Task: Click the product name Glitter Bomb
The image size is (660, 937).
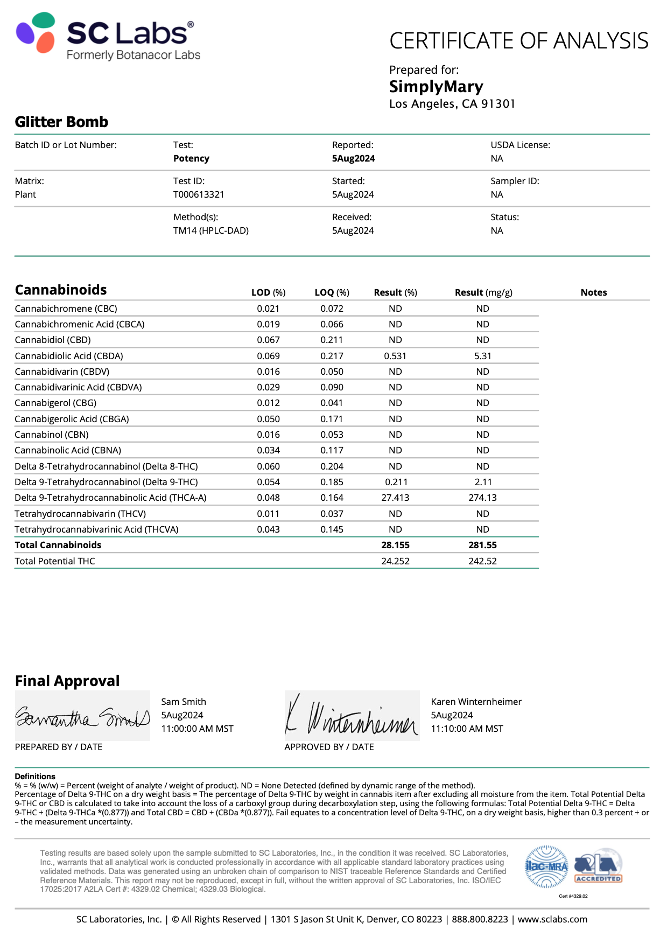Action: tap(61, 122)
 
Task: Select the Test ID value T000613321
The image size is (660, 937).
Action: tap(199, 194)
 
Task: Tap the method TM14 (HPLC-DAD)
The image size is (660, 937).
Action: tap(210, 230)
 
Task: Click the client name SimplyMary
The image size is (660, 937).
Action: tap(436, 86)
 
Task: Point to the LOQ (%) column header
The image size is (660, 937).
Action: tap(332, 292)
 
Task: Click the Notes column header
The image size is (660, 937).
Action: tap(593, 292)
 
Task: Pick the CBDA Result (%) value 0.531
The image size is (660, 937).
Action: tap(395, 356)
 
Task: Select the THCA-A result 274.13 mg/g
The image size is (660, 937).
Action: tap(482, 498)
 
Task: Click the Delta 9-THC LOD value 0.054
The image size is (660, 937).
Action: tap(268, 482)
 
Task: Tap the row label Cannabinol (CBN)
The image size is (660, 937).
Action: tap(52, 435)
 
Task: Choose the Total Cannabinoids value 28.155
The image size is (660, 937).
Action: tap(395, 545)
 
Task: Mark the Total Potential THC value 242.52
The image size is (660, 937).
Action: tap(482, 561)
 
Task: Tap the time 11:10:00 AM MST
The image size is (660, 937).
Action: tap(467, 729)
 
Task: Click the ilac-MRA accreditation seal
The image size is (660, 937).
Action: tap(546, 866)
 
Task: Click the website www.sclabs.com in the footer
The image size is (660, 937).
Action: tap(552, 919)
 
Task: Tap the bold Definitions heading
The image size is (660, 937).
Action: tap(35, 776)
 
